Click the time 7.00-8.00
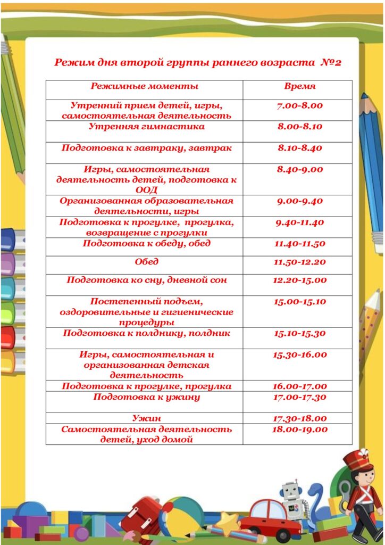(300, 105)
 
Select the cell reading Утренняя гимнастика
(146, 127)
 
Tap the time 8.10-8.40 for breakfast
(300, 148)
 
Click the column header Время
(300, 86)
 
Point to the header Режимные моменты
(145, 86)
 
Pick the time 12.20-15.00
(300, 280)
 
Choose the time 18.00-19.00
(300, 430)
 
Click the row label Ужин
(146, 418)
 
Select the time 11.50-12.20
(300, 262)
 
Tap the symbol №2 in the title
(331, 62)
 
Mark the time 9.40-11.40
(300, 222)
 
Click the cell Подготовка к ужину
(146, 397)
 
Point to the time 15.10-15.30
(300, 334)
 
